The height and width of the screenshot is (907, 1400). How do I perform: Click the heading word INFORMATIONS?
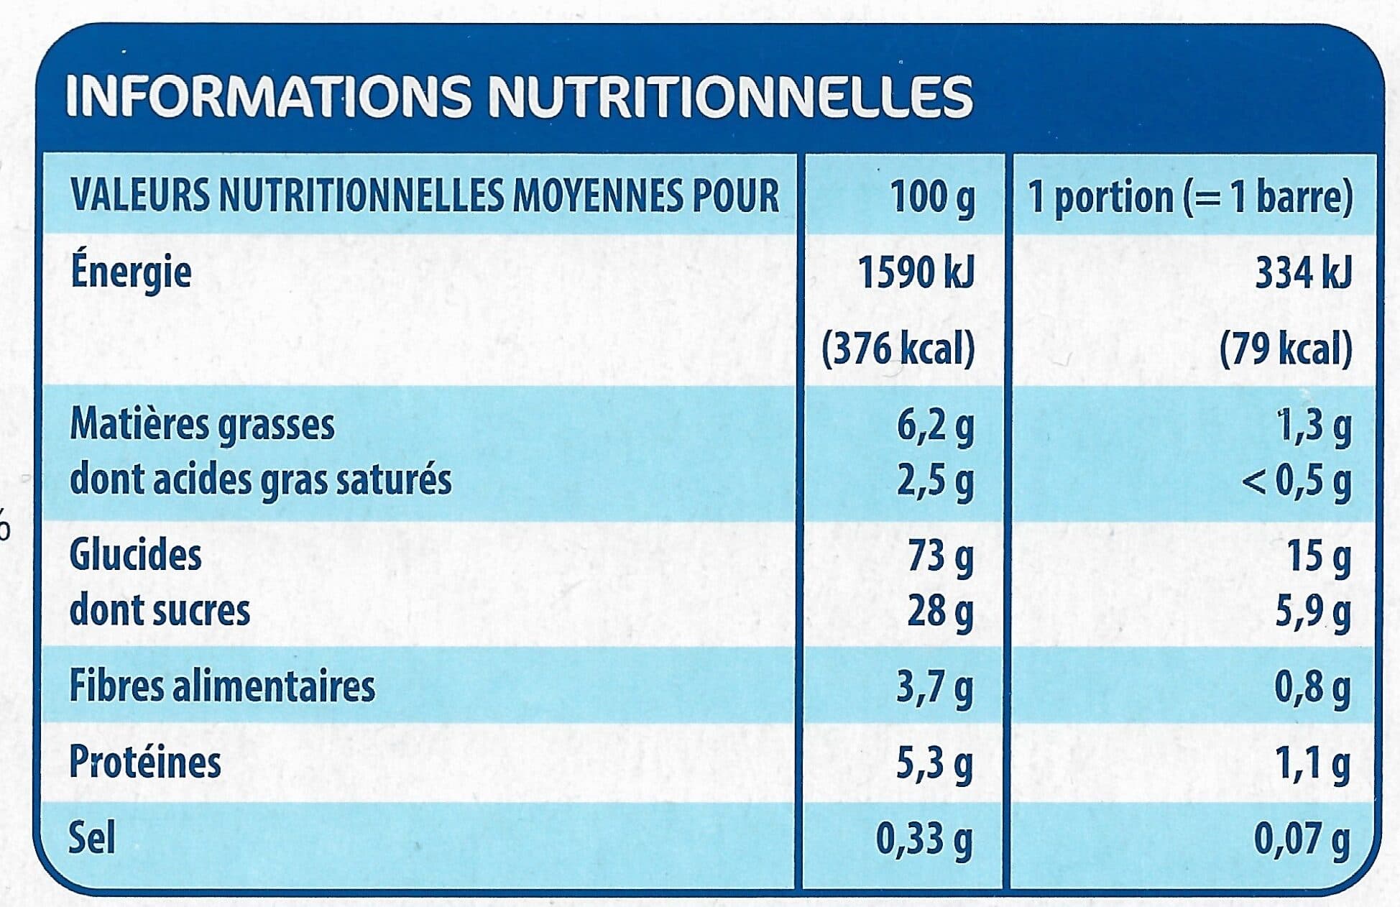pyautogui.click(x=269, y=96)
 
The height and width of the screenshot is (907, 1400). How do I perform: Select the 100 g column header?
pyautogui.click(x=932, y=196)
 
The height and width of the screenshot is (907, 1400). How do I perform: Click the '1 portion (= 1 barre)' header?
pyautogui.click(x=1190, y=196)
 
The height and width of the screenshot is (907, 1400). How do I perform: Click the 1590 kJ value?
pyautogui.click(x=916, y=273)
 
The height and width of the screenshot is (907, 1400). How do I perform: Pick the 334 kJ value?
pyautogui.click(x=1303, y=273)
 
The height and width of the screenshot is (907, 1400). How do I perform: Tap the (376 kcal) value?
pyautogui.click(x=898, y=349)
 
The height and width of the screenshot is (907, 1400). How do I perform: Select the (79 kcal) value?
pyautogui.click(x=1286, y=349)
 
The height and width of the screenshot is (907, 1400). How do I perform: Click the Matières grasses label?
pyautogui.click(x=202, y=425)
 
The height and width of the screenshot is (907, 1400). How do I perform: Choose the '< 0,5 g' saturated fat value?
pyautogui.click(x=1297, y=481)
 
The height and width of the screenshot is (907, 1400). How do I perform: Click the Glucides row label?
pyautogui.click(x=135, y=555)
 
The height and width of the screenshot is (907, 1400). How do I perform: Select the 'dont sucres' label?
pyautogui.click(x=160, y=610)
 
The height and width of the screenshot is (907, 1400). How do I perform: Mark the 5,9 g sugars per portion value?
pyautogui.click(x=1313, y=612)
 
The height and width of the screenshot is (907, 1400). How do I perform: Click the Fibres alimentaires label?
pyautogui.click(x=222, y=686)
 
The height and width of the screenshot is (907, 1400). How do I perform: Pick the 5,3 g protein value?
pyautogui.click(x=935, y=764)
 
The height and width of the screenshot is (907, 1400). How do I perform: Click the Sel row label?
pyautogui.click(x=91, y=837)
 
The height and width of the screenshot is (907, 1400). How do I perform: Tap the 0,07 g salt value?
pyautogui.click(x=1302, y=839)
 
